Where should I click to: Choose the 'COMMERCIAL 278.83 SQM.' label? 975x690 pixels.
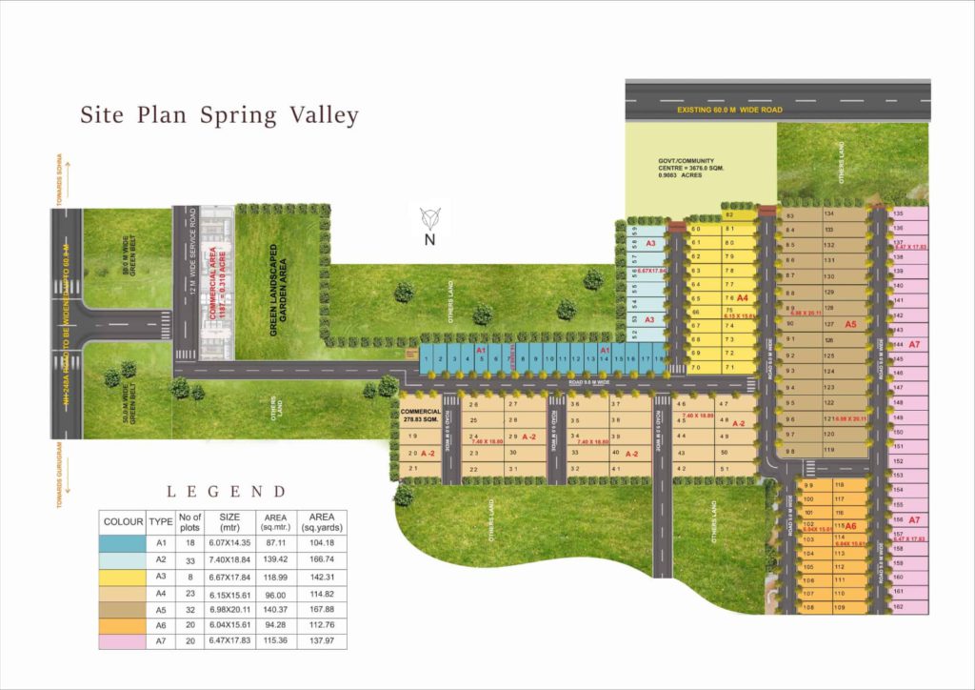pos(420,415)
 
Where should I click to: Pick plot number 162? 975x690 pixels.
pos(899,606)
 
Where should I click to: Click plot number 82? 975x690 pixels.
pos(729,215)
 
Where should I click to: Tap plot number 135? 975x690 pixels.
pos(898,214)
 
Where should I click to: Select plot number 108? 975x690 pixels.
pos(808,607)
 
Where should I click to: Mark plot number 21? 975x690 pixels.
pos(412,469)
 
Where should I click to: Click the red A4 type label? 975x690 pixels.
pos(742,297)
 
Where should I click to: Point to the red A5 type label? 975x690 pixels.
pos(851,324)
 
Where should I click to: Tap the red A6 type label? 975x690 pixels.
pos(850,526)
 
